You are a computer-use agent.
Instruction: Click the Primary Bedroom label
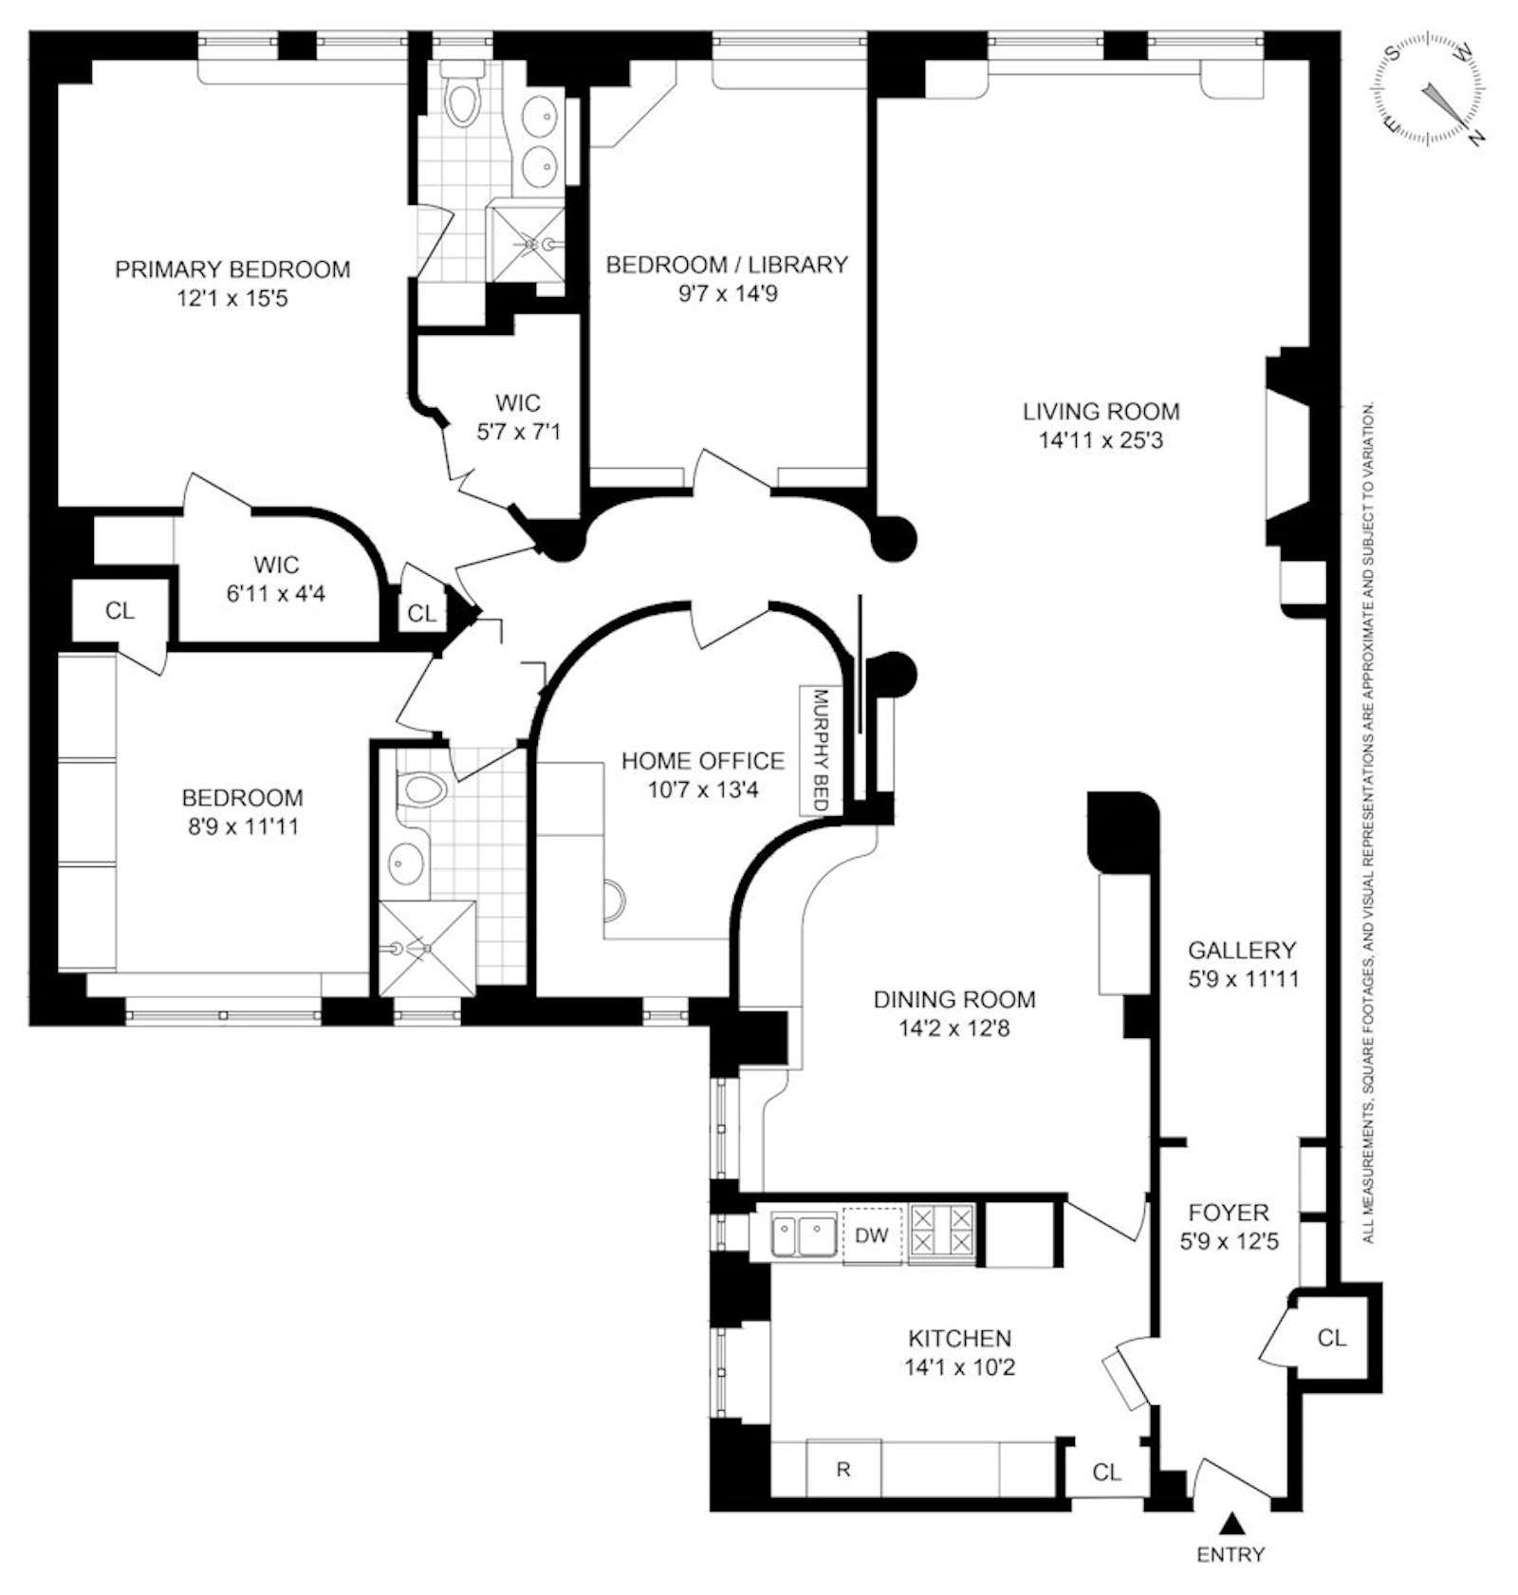[x=232, y=269]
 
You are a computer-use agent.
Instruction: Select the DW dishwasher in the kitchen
[x=872, y=1234]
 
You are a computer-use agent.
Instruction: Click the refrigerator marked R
[x=843, y=1470]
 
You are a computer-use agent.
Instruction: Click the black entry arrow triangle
[x=1231, y=1524]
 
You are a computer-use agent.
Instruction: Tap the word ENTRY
[x=1231, y=1555]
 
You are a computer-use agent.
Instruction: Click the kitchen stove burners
[x=941, y=1233]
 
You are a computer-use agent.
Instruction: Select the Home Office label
[x=703, y=761]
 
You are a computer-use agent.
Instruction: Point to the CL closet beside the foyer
[x=1332, y=1338]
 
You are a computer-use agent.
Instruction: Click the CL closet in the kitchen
[x=1107, y=1472]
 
